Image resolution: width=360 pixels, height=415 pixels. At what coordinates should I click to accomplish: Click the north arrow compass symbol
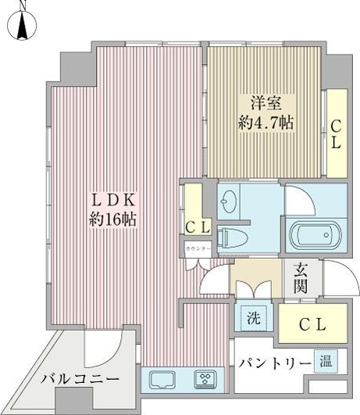(x=23, y=26)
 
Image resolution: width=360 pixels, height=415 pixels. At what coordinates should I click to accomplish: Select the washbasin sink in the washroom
(x=228, y=206)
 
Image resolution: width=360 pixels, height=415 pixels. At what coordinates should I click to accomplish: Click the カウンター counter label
(x=196, y=249)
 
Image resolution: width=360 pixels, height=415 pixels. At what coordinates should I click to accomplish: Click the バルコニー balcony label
(x=79, y=378)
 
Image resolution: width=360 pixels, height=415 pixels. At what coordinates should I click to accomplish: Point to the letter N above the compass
(x=22, y=5)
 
